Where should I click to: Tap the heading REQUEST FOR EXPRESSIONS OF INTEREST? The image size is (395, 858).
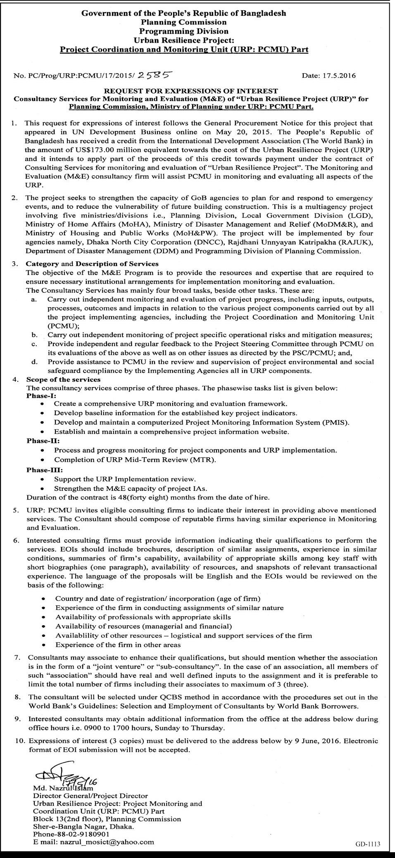(190, 91)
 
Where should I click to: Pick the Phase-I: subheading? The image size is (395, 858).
(38, 395)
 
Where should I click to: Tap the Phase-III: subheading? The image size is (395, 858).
(41, 470)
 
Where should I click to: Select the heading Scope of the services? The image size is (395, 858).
(63, 379)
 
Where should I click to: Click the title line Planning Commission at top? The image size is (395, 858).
(183, 22)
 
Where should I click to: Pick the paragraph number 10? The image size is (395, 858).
(19, 741)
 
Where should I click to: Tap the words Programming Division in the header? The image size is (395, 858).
(183, 31)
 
